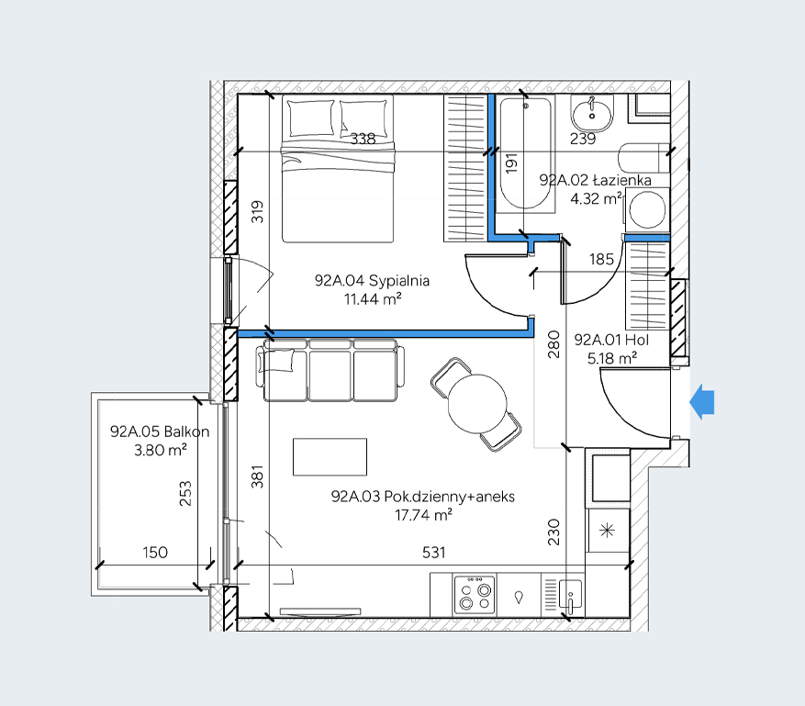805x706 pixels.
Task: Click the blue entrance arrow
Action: pyautogui.click(x=702, y=401)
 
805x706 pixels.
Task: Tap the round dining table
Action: pyautogui.click(x=477, y=404)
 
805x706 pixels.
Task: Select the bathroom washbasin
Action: pyautogui.click(x=592, y=115)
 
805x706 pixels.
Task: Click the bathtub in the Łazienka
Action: pyautogui.click(x=525, y=153)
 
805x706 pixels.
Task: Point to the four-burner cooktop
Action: pyautogui.click(x=475, y=595)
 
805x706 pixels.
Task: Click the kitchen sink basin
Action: pyautogui.click(x=570, y=597)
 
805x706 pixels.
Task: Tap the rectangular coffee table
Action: pyautogui.click(x=330, y=456)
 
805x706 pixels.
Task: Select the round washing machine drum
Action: pyautogui.click(x=647, y=209)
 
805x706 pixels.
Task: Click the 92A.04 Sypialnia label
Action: pyautogui.click(x=372, y=281)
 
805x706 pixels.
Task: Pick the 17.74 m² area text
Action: pyautogui.click(x=423, y=514)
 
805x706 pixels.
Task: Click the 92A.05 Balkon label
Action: pyautogui.click(x=160, y=431)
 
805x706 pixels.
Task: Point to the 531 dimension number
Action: pyautogui.click(x=434, y=553)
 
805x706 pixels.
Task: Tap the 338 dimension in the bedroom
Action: pyautogui.click(x=363, y=139)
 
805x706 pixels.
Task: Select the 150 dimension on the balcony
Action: pyautogui.click(x=155, y=553)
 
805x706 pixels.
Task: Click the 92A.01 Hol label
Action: pyautogui.click(x=611, y=340)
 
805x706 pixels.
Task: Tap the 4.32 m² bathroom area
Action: pyautogui.click(x=596, y=198)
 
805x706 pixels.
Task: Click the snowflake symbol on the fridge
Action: pyautogui.click(x=608, y=530)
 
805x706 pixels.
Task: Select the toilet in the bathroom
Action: pyautogui.click(x=644, y=158)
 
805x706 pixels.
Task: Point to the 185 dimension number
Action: pyautogui.click(x=602, y=259)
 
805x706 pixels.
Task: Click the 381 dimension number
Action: pyautogui.click(x=257, y=476)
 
